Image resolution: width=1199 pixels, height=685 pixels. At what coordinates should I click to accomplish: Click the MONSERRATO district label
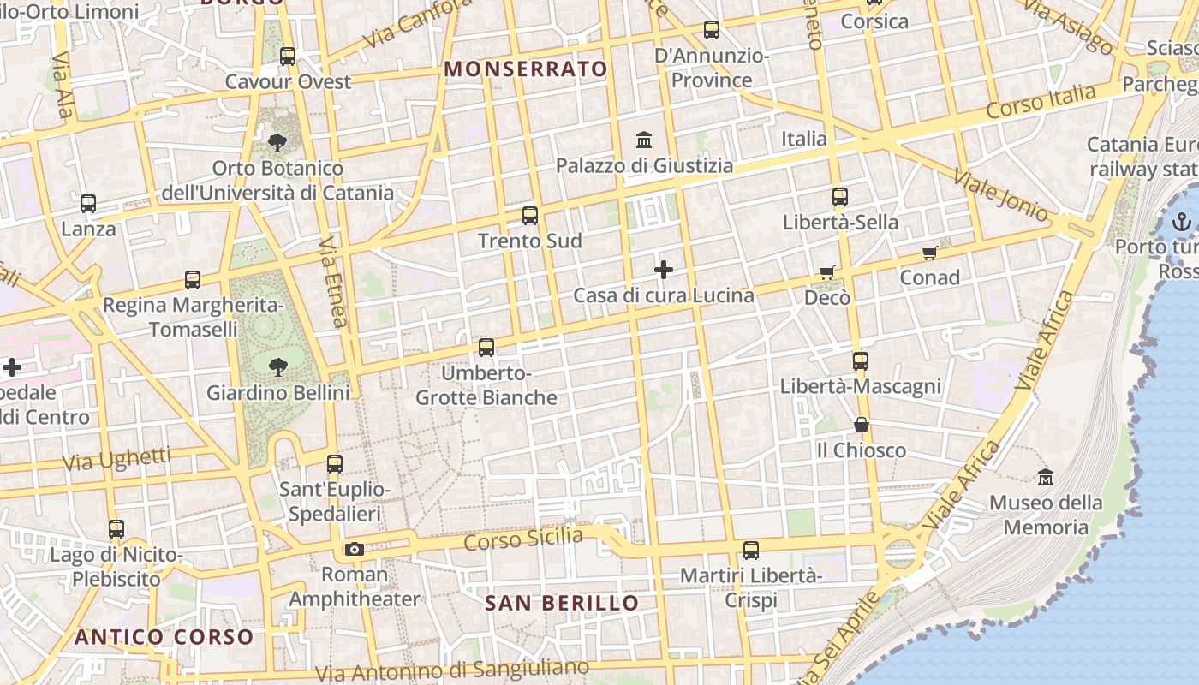click(526, 68)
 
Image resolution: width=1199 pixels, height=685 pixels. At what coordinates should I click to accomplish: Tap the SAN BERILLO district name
click(562, 603)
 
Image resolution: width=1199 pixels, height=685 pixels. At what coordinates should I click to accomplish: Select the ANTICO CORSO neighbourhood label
click(164, 637)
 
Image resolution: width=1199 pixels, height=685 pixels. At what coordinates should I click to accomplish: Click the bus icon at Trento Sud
click(530, 216)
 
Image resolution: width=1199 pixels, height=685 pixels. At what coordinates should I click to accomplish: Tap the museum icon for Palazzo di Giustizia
click(644, 139)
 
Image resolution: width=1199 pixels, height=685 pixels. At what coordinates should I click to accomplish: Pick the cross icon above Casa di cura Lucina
click(664, 271)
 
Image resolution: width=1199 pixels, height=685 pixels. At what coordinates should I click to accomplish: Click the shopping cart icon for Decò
click(826, 272)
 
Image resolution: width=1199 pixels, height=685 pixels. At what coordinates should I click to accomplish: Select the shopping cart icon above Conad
click(930, 253)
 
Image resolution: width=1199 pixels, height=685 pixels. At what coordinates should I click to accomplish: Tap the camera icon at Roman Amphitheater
click(355, 549)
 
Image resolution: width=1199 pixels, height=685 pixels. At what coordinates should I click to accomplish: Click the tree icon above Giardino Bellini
click(277, 367)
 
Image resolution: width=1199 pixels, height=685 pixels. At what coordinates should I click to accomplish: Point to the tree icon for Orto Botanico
click(277, 142)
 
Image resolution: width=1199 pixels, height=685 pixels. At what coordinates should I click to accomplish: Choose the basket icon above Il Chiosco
click(861, 425)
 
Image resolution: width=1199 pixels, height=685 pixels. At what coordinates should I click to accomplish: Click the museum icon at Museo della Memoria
click(1045, 477)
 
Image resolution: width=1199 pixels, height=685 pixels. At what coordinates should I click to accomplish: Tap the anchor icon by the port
click(1182, 223)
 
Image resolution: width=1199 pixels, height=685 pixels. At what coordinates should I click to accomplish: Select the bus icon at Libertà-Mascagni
click(860, 361)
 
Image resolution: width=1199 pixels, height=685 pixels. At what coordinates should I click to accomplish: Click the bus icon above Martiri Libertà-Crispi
click(751, 550)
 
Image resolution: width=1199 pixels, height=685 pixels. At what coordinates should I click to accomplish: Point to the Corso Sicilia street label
click(523, 540)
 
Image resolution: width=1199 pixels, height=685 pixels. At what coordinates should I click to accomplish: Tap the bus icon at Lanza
click(88, 204)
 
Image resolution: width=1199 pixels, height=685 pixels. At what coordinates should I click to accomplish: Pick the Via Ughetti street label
click(116, 460)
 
